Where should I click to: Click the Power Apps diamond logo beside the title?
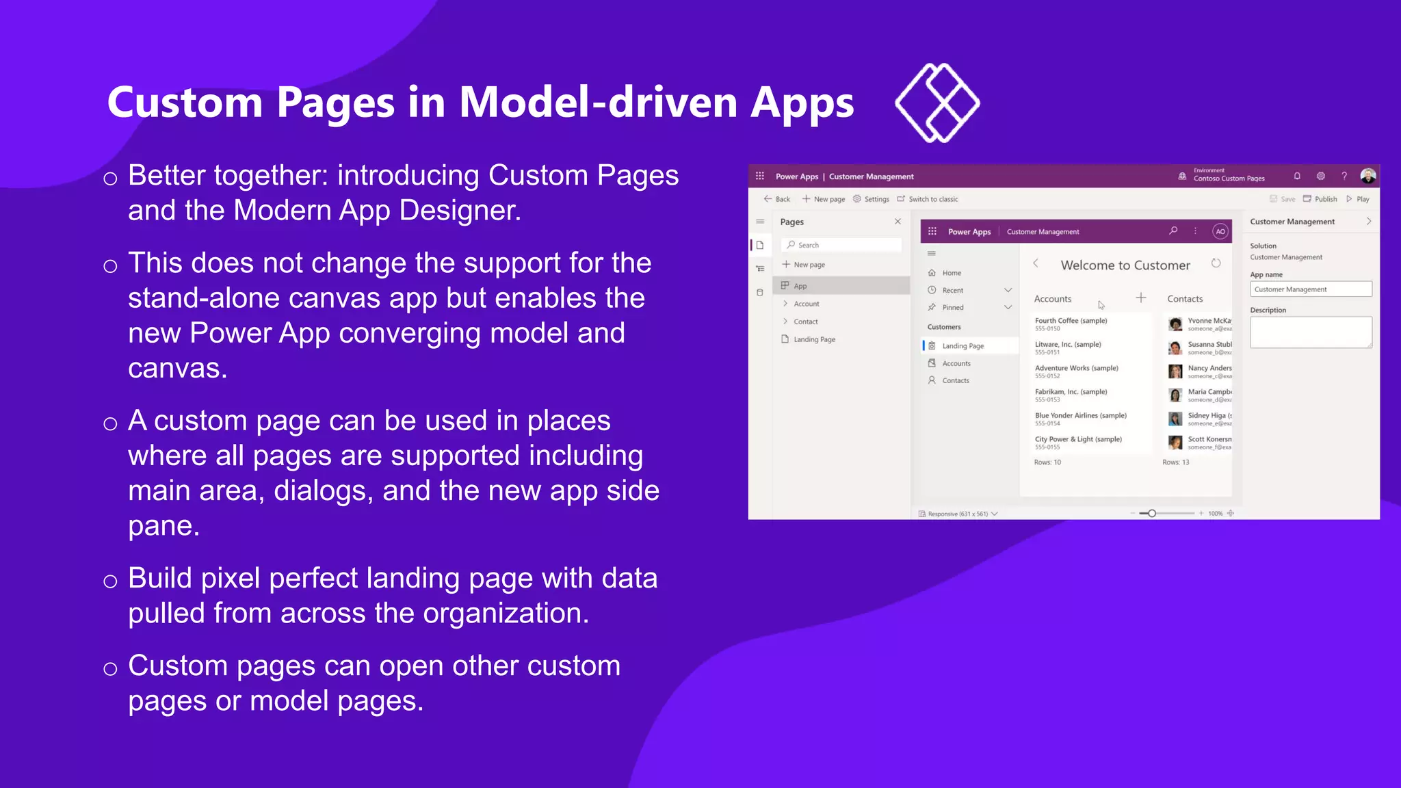937,103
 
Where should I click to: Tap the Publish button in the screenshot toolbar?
1320,199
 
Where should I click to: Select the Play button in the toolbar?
1358,199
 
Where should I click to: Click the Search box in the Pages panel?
843,245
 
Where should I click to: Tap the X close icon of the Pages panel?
898,222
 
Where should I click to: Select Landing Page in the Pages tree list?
814,339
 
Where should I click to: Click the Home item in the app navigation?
951,273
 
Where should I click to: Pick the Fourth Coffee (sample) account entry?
1071,321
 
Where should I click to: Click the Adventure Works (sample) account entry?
1076,368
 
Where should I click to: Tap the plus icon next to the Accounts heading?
1141,298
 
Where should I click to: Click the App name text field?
1311,289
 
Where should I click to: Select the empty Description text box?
1311,332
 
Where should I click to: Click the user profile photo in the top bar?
1368,176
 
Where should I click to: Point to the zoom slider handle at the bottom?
1152,513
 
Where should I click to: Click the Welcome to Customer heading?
1125,265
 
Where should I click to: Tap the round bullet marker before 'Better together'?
110,179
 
